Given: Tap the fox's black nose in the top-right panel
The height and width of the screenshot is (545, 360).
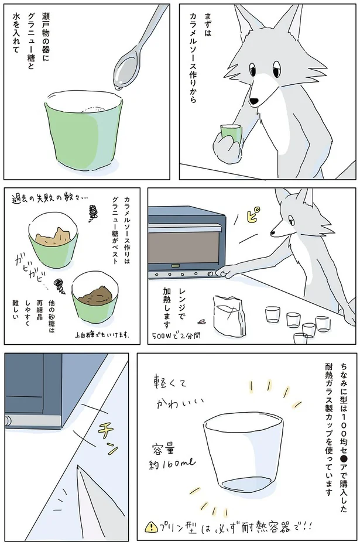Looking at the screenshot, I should (254, 101).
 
